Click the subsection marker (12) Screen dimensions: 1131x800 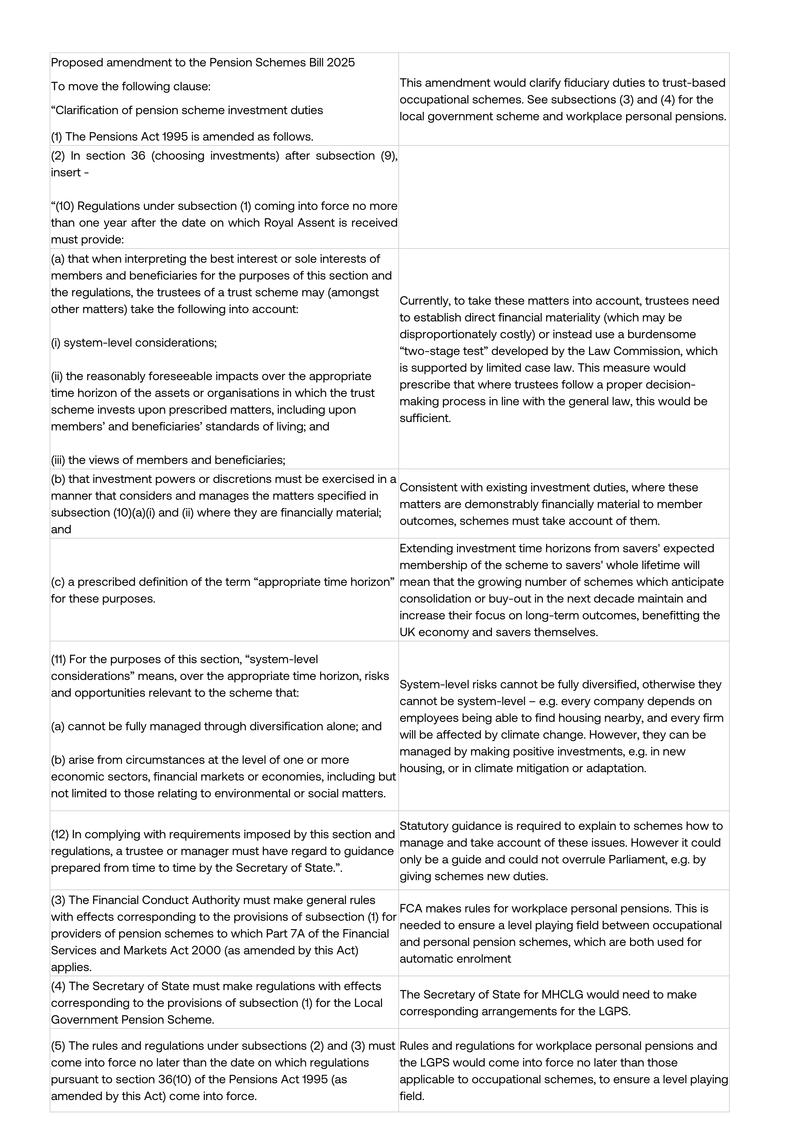pos(60,834)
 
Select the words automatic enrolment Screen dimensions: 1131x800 pos(455,959)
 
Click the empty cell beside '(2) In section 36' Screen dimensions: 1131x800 pos(564,197)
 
